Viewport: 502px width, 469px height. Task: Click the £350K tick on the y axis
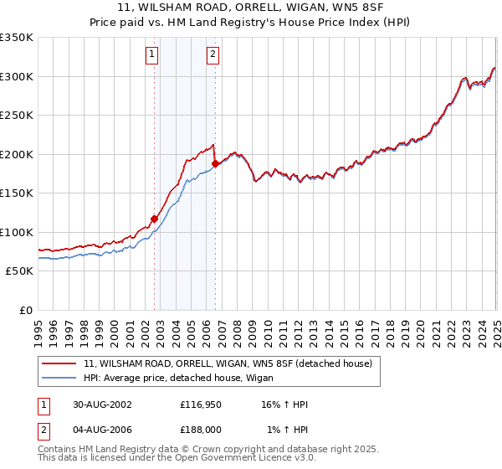17,38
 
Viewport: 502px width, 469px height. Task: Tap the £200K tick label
17,154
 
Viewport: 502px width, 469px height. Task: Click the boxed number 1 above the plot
152,55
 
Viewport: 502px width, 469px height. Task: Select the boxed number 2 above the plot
213,55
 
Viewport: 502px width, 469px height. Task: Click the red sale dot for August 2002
155,219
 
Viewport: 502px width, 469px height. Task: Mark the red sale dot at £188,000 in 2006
215,163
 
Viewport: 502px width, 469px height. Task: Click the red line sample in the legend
60,363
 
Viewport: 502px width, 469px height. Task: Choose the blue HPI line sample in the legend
60,378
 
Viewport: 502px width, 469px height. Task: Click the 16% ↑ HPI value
284,405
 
